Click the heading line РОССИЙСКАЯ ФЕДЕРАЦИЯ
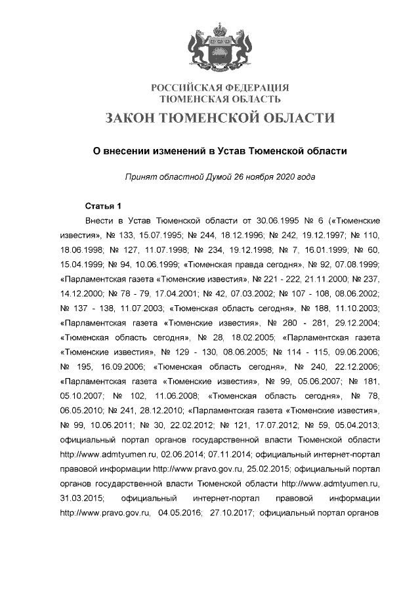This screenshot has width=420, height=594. (x=220, y=88)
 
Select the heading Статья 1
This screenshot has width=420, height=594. (x=104, y=207)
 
